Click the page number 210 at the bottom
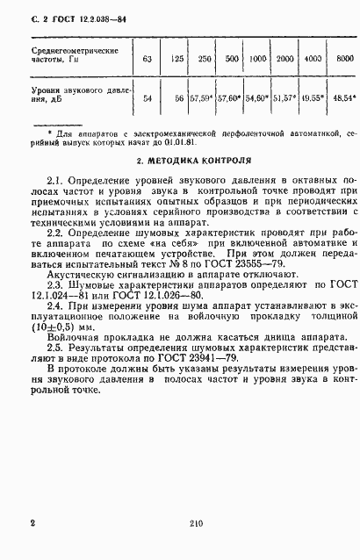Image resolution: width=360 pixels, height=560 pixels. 196,524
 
